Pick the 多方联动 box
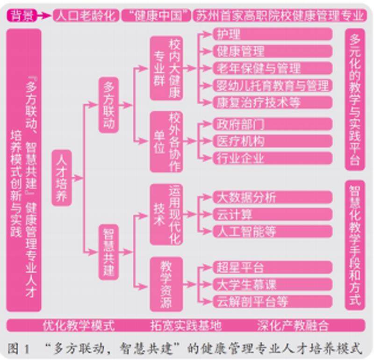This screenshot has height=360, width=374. point(108,105)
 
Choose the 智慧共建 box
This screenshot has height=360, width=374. point(108,252)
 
